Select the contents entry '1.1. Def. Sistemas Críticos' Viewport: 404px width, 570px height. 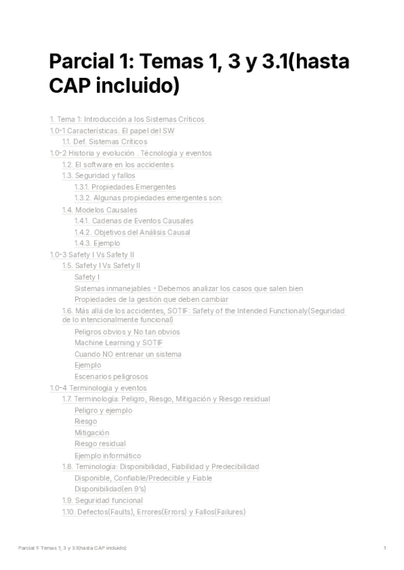(x=104, y=142)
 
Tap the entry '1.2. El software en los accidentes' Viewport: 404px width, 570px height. (x=117, y=165)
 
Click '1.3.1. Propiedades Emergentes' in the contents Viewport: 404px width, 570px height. (x=125, y=187)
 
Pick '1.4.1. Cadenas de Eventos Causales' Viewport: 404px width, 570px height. (x=134, y=221)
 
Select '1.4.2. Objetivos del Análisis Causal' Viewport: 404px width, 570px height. (x=133, y=233)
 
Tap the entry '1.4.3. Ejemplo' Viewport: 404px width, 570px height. (x=98, y=243)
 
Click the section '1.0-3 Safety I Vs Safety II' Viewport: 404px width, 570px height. (x=92, y=255)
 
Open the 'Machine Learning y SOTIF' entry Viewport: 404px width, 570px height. (x=119, y=343)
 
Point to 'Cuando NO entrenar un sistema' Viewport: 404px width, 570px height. (x=128, y=354)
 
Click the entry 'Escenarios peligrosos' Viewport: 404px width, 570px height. (x=111, y=376)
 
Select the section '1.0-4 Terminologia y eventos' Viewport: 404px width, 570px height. (x=98, y=388)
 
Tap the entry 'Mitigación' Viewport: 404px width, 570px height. (x=92, y=433)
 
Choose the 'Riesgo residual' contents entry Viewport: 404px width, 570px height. (x=100, y=444)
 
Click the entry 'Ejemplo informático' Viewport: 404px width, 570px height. (x=108, y=456)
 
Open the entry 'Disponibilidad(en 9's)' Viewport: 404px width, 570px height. (x=110, y=489)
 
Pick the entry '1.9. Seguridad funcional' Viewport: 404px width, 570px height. (x=102, y=500)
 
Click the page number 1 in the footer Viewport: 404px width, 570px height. (x=384, y=548)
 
